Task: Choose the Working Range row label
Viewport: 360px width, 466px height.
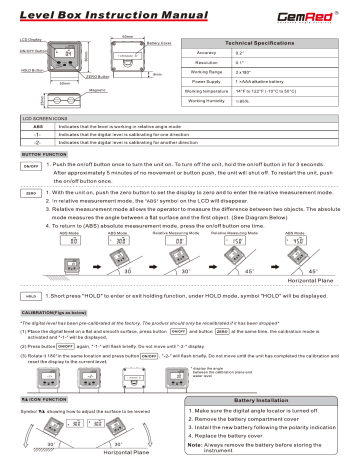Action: coord(235,88)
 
